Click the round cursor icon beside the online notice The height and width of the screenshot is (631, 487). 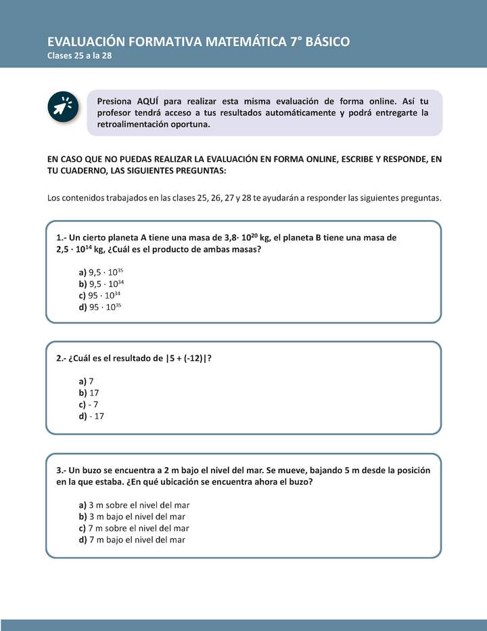click(x=65, y=107)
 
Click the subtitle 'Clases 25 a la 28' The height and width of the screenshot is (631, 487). click(x=79, y=56)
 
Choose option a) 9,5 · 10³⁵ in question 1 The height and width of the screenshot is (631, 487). click(x=101, y=272)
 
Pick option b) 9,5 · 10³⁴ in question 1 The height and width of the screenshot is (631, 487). click(x=101, y=284)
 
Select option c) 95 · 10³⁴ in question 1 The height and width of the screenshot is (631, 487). click(x=100, y=295)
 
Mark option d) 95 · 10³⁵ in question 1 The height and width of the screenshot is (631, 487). click(x=100, y=307)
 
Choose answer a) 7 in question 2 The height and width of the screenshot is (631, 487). click(x=86, y=381)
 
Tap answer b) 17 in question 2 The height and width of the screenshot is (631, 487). click(x=89, y=393)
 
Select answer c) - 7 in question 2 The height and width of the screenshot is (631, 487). click(x=89, y=404)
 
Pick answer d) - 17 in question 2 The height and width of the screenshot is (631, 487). click(x=91, y=416)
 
